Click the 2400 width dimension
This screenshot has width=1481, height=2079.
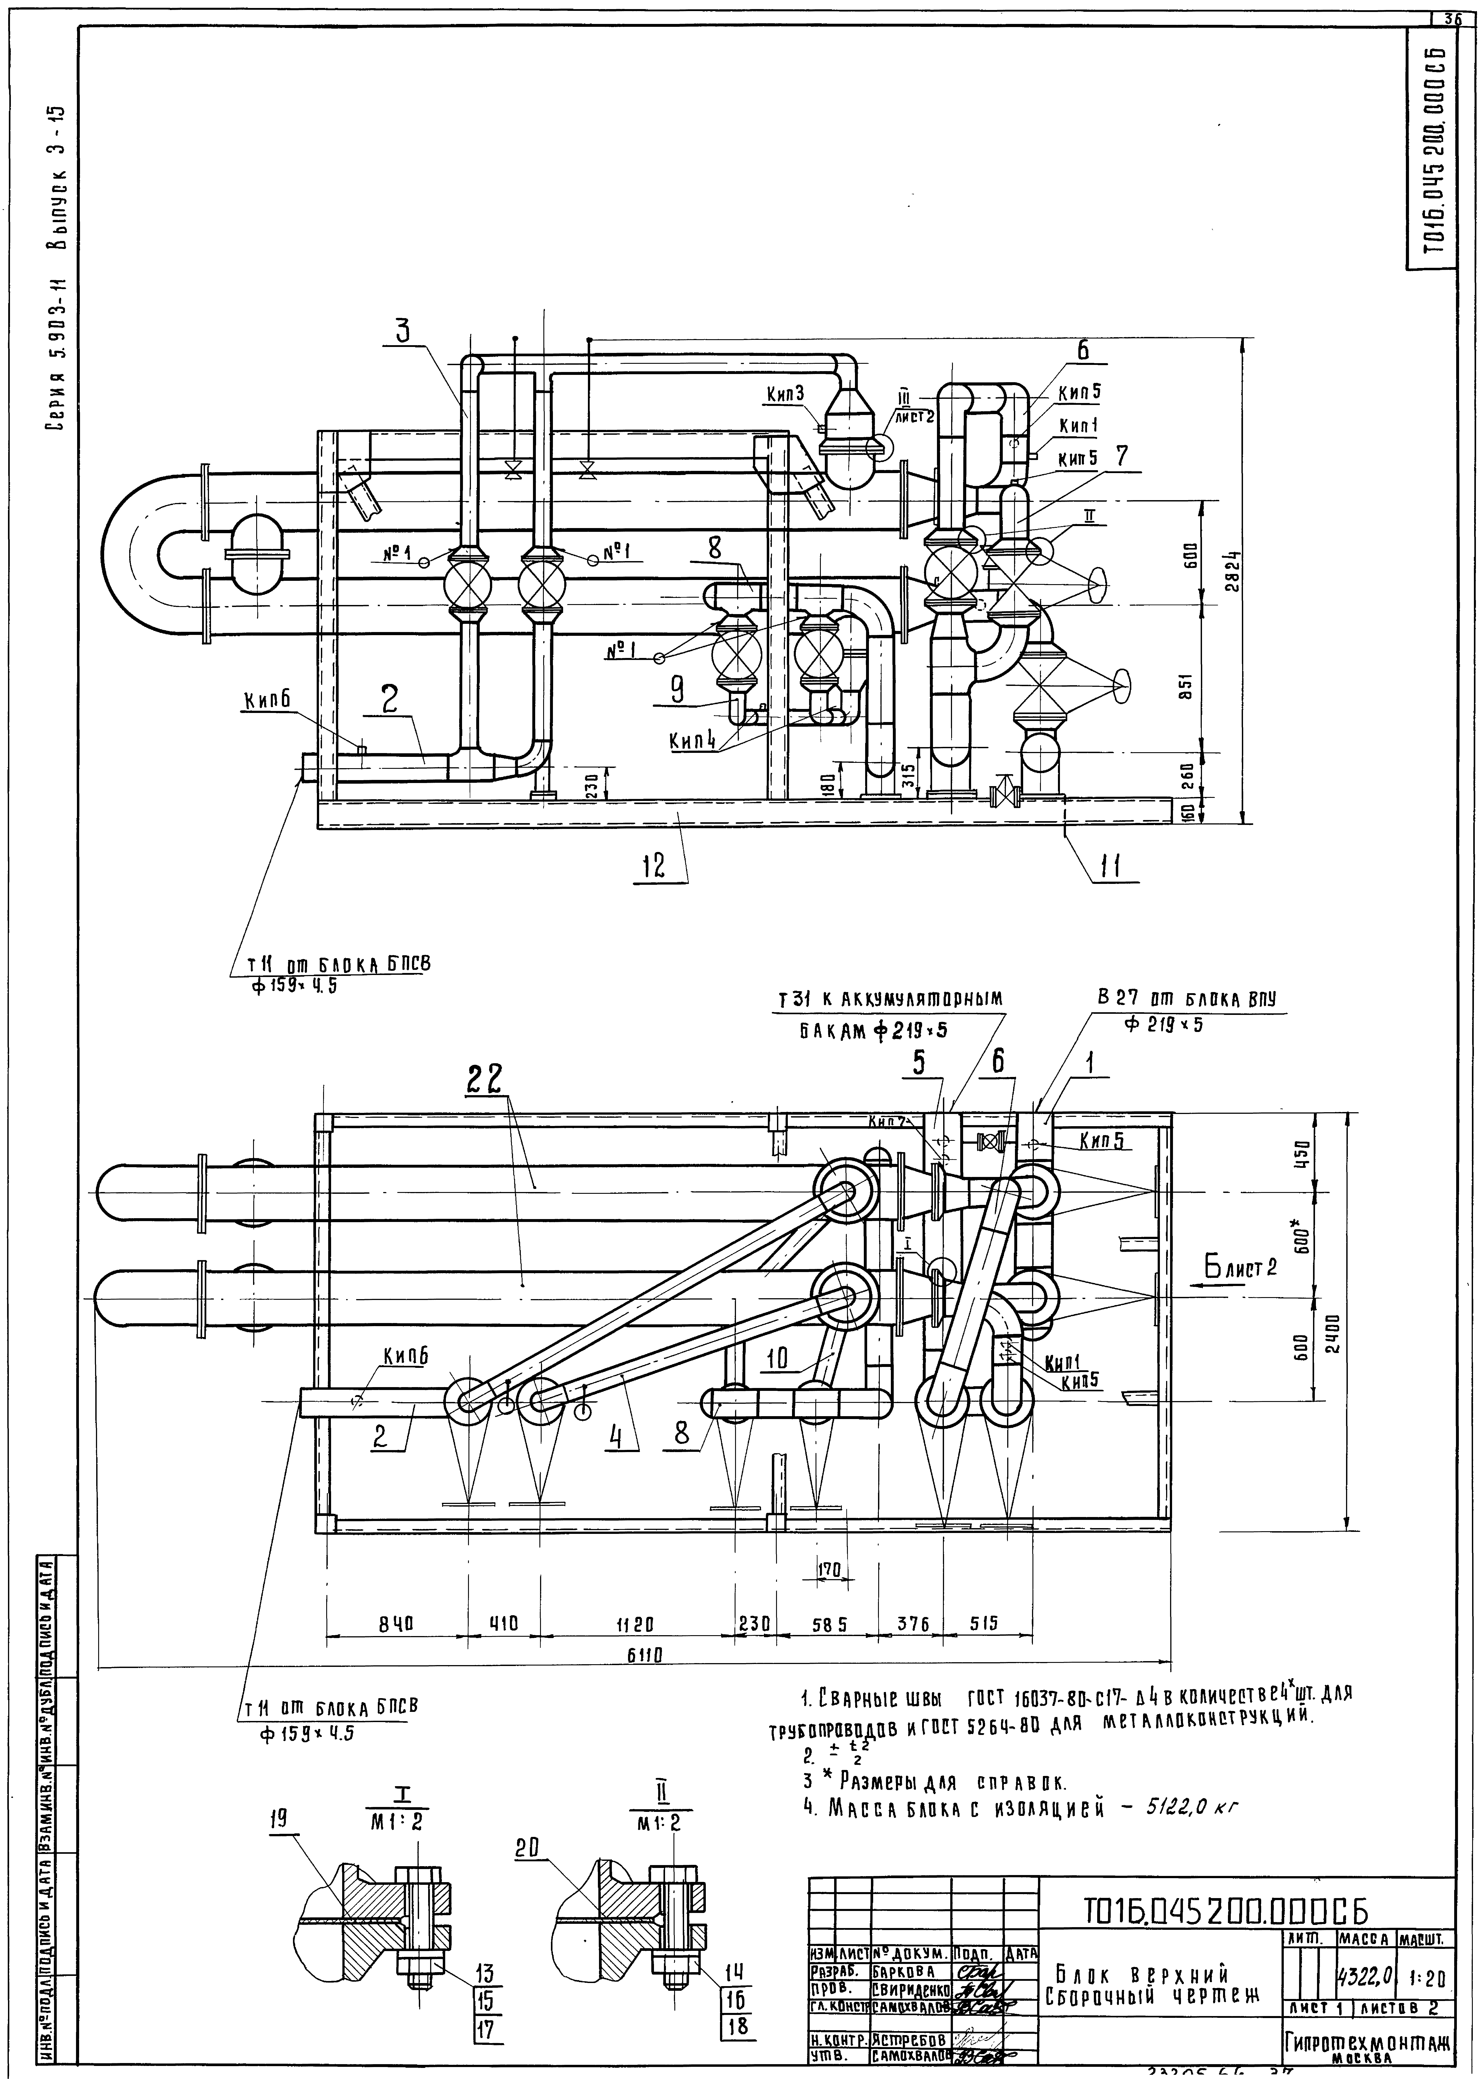pos(1332,1334)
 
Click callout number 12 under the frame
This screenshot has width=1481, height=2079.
pos(653,865)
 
